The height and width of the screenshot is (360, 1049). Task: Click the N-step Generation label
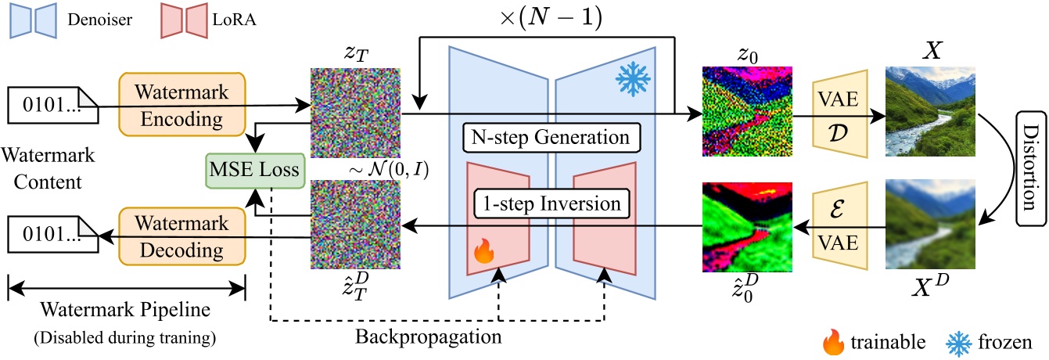pyautogui.click(x=551, y=139)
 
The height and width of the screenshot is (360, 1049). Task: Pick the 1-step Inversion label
pyautogui.click(x=551, y=204)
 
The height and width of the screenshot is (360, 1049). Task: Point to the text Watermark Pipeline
pyautogui.click(x=127, y=308)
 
